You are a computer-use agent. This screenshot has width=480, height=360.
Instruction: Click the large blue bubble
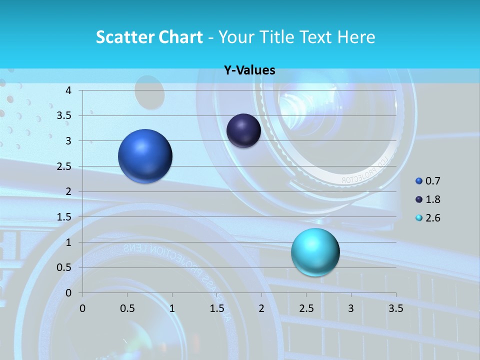[145, 156]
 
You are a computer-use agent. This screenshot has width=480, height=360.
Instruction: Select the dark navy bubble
[243, 130]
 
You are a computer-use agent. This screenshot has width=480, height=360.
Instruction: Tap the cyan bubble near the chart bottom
[315, 252]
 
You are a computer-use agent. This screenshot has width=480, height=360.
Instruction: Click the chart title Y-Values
[249, 70]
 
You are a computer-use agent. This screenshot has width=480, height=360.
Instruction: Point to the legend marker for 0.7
[419, 181]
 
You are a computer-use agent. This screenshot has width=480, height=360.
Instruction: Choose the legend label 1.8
[433, 199]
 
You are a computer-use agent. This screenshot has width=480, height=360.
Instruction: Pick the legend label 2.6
[433, 218]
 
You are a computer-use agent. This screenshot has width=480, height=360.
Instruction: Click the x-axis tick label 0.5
[127, 308]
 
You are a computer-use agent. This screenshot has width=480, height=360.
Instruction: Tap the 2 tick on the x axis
[261, 308]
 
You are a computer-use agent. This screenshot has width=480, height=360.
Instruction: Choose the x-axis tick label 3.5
[395, 308]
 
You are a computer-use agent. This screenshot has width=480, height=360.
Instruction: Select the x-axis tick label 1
[172, 308]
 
